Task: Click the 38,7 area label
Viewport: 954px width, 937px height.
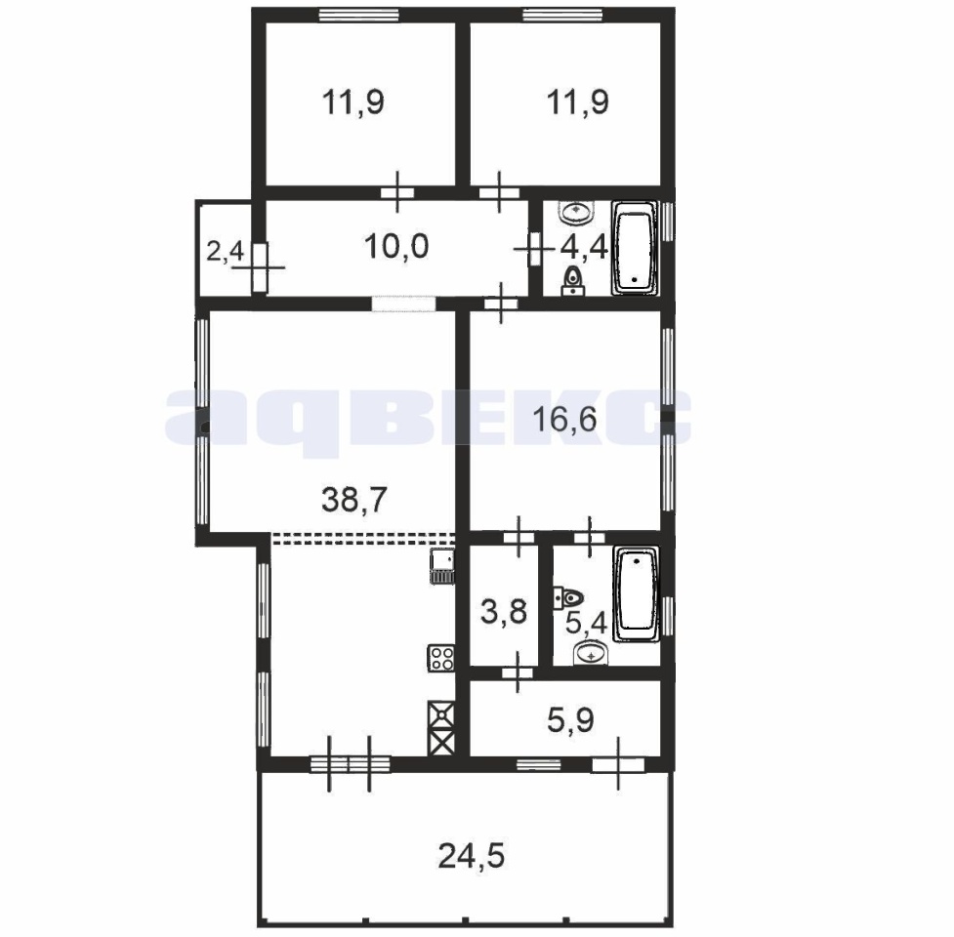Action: point(353,500)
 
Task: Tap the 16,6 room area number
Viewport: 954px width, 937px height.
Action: point(564,419)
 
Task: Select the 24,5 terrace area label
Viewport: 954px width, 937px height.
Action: point(472,856)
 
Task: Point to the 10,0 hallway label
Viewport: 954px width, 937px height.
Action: point(396,246)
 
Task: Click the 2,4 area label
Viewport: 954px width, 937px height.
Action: point(226,251)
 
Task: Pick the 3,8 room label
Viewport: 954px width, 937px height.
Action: point(503,611)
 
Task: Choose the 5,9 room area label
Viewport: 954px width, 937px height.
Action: point(570,720)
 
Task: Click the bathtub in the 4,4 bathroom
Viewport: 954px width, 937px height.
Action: point(635,248)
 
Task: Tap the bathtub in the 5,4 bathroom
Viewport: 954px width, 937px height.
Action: point(636,593)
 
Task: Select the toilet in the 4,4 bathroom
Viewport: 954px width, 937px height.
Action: point(573,281)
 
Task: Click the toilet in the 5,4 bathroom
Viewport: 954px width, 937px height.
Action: point(568,597)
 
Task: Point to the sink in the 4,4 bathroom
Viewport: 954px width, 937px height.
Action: point(575,212)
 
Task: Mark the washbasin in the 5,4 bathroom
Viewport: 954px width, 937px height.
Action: point(590,654)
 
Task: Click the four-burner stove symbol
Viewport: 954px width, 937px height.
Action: point(441,658)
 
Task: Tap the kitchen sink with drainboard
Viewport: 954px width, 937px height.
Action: point(441,566)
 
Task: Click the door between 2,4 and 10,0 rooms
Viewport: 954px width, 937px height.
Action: point(261,266)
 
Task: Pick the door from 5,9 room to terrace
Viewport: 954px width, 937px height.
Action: point(618,764)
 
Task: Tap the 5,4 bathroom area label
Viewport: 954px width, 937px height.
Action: point(586,624)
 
